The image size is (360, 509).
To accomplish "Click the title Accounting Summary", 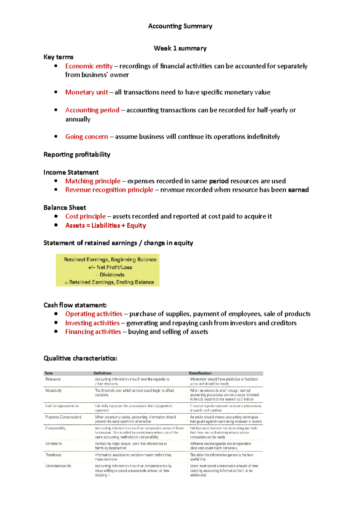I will tap(180, 26).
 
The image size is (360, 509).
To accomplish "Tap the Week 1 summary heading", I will tap(180, 48).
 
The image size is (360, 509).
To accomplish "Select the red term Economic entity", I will tap(89, 66).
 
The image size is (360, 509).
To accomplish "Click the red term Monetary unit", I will tap(86, 92).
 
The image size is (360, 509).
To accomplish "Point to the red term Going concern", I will tap(86, 137).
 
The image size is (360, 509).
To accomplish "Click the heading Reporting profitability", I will tap(77, 154).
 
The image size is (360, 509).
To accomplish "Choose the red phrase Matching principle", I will tap(93, 181).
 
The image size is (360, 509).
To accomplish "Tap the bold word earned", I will tap(298, 190).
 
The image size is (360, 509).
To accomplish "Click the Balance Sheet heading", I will tap(64, 207).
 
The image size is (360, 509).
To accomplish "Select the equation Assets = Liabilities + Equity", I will tap(106, 225).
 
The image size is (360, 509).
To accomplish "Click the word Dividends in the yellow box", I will tap(112, 275).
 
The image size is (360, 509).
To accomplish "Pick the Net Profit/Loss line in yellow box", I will tap(110, 267).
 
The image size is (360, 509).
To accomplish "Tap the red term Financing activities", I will tap(93, 332).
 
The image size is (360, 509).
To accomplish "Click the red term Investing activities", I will tap(92, 323).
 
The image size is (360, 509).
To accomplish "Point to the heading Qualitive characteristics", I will tap(80, 358).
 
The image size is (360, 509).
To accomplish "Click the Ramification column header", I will tap(200, 373).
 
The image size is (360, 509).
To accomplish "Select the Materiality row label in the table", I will tap(53, 391).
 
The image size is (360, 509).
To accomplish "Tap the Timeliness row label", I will tap(53, 455).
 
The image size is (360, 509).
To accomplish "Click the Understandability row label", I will tap(58, 466).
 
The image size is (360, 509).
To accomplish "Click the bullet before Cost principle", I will tap(56, 216).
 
